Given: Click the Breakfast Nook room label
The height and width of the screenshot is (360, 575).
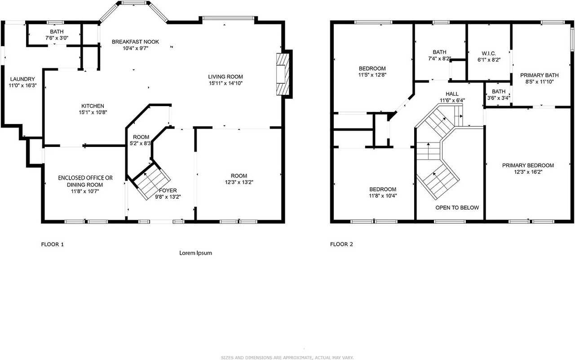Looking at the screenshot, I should pyautogui.click(x=135, y=42).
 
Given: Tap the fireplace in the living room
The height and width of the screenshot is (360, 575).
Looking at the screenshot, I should pyautogui.click(x=282, y=75).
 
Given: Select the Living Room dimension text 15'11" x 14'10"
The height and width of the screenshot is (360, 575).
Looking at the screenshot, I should pyautogui.click(x=226, y=83).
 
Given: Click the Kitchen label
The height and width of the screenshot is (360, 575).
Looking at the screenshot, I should pyautogui.click(x=93, y=106).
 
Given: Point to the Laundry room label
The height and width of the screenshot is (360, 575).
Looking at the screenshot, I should pyautogui.click(x=22, y=79).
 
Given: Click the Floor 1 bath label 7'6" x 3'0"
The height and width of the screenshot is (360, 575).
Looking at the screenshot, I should pyautogui.click(x=57, y=32).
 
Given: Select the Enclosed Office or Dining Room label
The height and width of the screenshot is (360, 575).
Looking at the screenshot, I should pyautogui.click(x=85, y=178).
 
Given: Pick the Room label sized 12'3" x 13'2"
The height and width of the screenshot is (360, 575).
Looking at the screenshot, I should pyautogui.click(x=239, y=176).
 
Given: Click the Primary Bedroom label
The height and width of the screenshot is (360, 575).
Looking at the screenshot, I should pyautogui.click(x=528, y=165).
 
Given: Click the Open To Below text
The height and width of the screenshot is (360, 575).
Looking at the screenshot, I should pyautogui.click(x=457, y=208).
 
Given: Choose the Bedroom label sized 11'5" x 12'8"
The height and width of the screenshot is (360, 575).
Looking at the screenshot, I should pyautogui.click(x=372, y=68).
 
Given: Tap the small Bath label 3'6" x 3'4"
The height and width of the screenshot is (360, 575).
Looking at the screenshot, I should pyautogui.click(x=498, y=92).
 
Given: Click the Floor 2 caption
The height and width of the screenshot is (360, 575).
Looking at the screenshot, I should pyautogui.click(x=341, y=244).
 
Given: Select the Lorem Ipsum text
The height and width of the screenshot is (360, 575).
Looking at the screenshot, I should pyautogui.click(x=195, y=253).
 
